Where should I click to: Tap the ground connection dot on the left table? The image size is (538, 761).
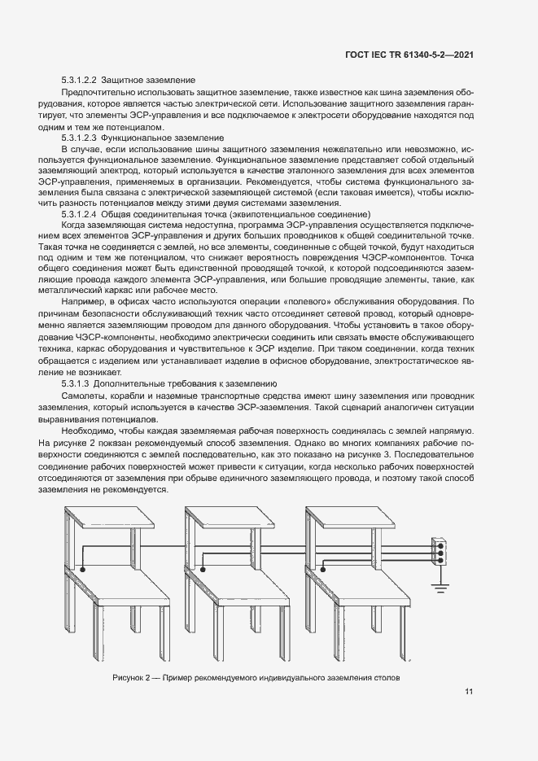[83, 570]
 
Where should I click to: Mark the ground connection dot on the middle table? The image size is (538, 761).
[204, 570]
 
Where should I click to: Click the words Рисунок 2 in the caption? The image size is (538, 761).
[130, 677]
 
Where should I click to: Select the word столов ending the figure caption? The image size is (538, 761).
[386, 677]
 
